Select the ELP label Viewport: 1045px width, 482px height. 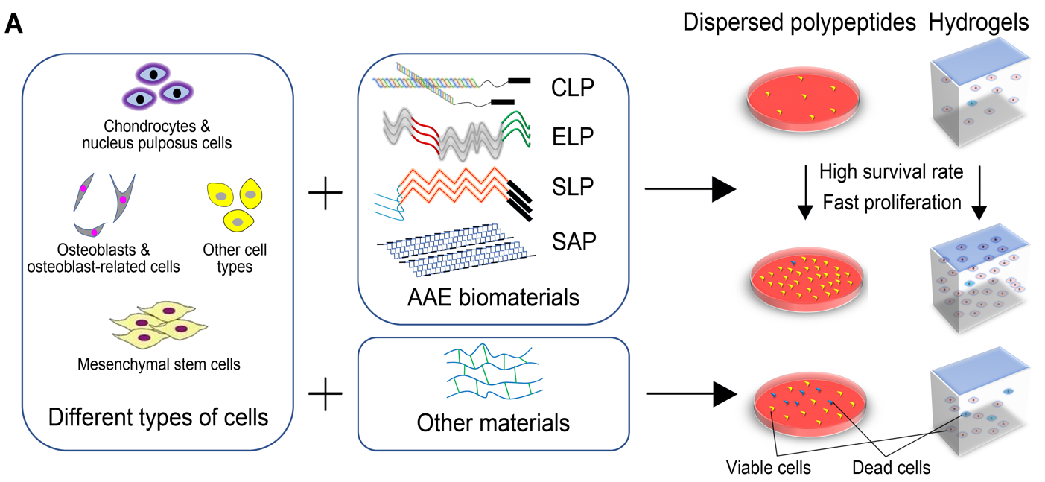573,137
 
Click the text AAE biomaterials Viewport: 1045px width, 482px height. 493,297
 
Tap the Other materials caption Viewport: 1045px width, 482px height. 493,422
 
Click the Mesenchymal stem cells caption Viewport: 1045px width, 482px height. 159,364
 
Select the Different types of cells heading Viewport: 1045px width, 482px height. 158,416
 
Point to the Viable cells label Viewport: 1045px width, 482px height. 768,468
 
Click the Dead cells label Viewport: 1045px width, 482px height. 891,468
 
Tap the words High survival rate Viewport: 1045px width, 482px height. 892,172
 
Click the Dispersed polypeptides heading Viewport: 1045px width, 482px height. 799,23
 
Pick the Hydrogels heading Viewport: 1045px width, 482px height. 979,23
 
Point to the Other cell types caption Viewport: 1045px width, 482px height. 235,258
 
